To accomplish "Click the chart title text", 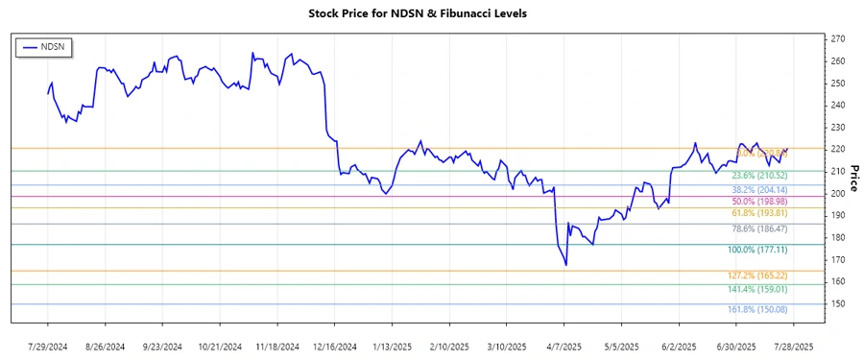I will click(x=431, y=13).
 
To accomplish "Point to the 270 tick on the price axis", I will click(x=837, y=38).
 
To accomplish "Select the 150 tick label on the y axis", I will click(x=837, y=304).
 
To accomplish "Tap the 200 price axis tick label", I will click(x=837, y=193).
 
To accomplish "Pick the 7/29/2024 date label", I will click(x=49, y=346).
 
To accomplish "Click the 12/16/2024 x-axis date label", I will click(x=336, y=346).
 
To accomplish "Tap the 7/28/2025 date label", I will click(x=794, y=346).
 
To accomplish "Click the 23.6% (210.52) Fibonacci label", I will click(x=759, y=176).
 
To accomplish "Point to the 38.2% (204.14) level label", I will click(x=759, y=190).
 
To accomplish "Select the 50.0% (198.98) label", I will click(x=759, y=202).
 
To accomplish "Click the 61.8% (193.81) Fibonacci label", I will click(x=759, y=213).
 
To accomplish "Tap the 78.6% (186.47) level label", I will click(x=759, y=230).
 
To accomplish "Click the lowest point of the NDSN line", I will click(x=566, y=266).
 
